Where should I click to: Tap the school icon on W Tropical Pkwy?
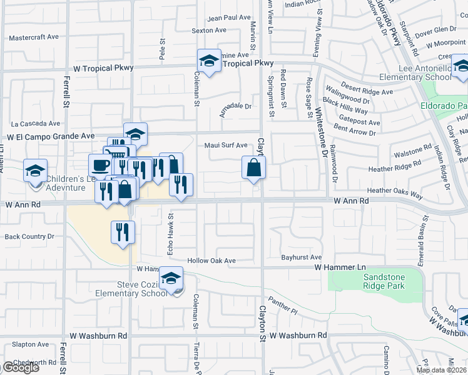point(210,61)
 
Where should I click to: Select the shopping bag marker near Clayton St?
point(254,168)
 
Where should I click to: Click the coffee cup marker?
point(100,166)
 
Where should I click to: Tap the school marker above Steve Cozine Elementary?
point(170,279)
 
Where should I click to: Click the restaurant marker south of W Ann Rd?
point(123,232)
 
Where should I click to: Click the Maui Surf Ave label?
point(226,146)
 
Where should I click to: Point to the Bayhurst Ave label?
point(301,257)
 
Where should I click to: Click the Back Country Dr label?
point(29,237)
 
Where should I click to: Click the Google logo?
point(20,367)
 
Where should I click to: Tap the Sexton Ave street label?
point(209,30)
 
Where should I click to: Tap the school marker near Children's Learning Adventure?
point(35,171)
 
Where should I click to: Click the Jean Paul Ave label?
point(228,18)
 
